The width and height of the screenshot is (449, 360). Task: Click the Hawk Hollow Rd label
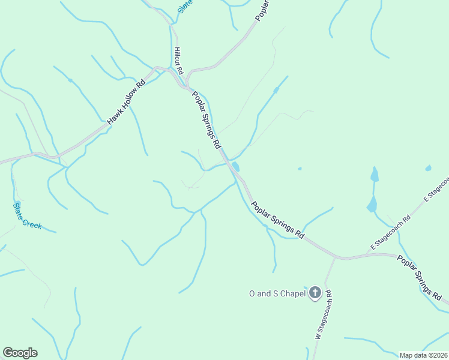[127, 102]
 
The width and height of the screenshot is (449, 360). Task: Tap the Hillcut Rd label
[178, 61]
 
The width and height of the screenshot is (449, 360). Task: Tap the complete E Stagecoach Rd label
[390, 231]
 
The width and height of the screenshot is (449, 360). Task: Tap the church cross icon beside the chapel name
[315, 293]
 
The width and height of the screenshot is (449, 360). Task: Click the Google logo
[20, 353]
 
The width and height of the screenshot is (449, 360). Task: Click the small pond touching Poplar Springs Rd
[235, 166]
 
